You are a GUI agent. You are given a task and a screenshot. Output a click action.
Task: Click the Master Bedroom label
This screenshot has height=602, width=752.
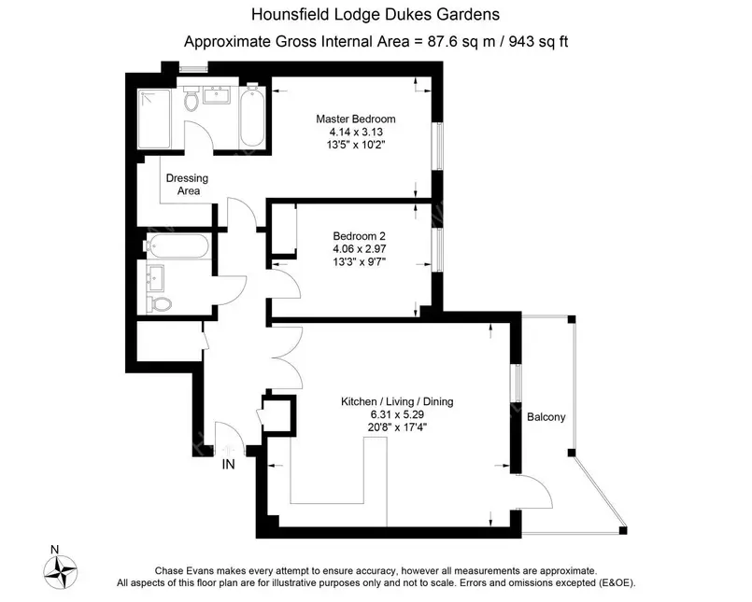tap(355, 119)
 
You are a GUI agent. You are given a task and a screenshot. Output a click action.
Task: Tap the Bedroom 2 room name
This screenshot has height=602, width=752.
tap(355, 236)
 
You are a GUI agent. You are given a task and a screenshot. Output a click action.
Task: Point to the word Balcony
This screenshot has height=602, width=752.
tap(546, 417)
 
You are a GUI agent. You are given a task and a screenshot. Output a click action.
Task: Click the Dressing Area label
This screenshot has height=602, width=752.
tap(186, 184)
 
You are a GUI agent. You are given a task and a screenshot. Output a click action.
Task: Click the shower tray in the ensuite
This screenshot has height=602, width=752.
tap(153, 119)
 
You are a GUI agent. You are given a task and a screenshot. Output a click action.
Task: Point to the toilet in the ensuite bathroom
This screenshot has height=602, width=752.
tap(191, 99)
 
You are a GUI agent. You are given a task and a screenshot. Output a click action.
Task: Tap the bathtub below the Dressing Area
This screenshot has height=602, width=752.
tap(177, 248)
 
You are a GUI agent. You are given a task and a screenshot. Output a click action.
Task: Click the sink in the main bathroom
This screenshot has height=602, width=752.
tap(155, 277)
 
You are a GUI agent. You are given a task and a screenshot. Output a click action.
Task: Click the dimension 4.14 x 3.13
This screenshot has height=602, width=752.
tap(355, 133)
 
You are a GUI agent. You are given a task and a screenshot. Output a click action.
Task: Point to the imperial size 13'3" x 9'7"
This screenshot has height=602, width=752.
tap(355, 262)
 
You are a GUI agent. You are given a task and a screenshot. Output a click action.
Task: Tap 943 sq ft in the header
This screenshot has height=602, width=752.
tap(540, 41)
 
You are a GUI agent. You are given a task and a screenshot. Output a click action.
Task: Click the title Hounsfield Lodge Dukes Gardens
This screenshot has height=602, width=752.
tap(376, 15)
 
